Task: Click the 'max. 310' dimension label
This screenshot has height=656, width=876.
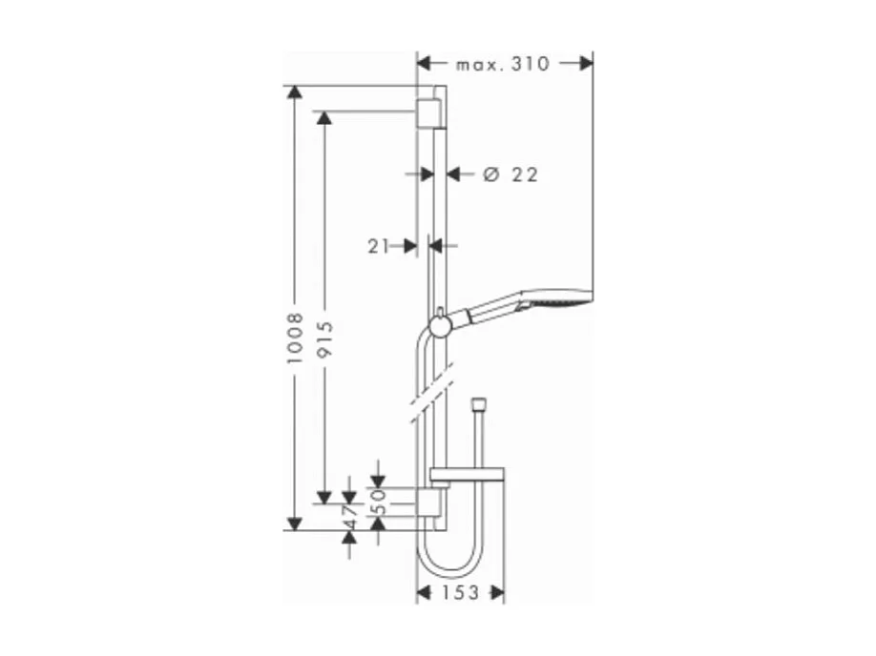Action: tap(503, 64)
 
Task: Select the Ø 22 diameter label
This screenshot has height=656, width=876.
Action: tap(511, 174)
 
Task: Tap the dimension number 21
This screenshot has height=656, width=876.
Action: tap(379, 246)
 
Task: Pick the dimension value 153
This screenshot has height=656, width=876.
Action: tap(461, 593)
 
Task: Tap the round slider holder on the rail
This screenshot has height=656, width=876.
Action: tap(440, 326)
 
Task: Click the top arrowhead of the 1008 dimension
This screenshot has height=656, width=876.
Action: tap(295, 93)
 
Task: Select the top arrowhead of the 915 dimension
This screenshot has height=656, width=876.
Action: tap(324, 118)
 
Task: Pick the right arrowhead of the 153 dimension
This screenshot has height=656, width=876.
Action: tap(496, 593)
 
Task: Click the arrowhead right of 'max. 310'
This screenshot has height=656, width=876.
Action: tap(585, 64)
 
